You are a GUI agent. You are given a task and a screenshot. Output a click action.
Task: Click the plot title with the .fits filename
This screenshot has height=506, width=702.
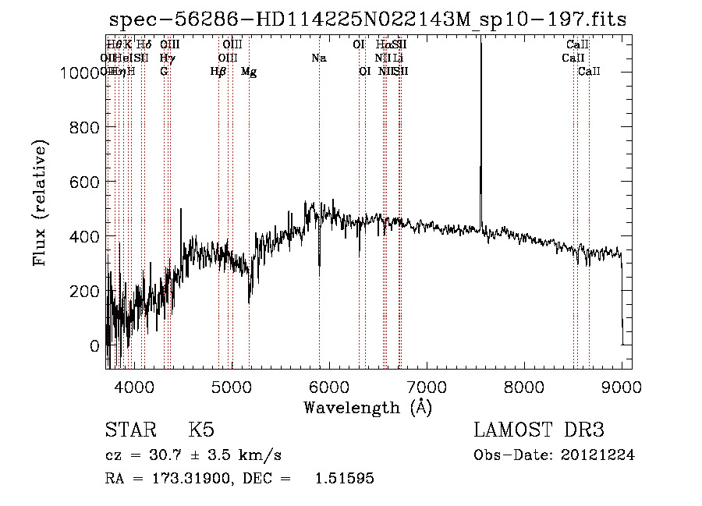coord(367,19)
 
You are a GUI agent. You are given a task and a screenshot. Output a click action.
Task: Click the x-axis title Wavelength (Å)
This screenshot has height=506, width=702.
coord(367,407)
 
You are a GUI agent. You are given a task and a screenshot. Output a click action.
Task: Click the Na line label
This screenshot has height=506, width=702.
coord(318,58)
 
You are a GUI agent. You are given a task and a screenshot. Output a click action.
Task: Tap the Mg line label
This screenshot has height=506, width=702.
coord(249,72)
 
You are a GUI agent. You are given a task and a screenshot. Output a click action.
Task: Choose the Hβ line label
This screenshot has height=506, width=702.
coord(218,72)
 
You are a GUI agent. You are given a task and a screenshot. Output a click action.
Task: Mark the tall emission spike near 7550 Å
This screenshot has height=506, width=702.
coord(480,117)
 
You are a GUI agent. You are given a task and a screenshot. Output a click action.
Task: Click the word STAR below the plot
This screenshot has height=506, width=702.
coord(130,430)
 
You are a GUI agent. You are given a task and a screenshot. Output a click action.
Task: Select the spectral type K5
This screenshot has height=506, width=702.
coord(201,430)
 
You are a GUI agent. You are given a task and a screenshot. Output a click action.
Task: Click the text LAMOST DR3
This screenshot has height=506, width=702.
coord(539,430)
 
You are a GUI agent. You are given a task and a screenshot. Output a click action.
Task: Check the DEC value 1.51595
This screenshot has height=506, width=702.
coord(344,479)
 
